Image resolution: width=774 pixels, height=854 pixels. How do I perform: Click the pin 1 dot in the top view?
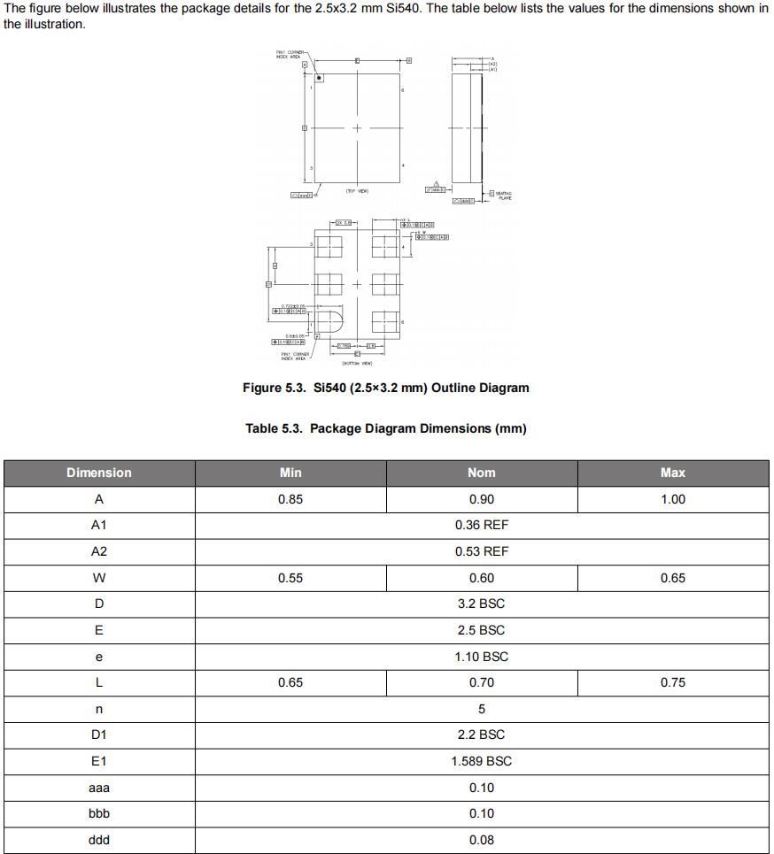point(319,78)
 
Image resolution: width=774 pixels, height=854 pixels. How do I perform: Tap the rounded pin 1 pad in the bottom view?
point(329,320)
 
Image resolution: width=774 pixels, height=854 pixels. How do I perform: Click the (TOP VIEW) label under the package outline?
point(357,190)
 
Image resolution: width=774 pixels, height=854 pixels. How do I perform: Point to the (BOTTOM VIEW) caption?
point(357,363)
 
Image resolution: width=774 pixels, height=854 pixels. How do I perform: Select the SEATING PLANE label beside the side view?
point(503,196)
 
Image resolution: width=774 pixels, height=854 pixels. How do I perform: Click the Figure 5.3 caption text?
point(386,388)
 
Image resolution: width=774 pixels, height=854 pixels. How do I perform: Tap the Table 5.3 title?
point(386,428)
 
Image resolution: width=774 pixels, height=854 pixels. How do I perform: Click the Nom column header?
point(482,473)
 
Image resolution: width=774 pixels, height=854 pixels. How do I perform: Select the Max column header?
point(673,473)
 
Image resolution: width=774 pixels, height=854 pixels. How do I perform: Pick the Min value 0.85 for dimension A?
point(290,499)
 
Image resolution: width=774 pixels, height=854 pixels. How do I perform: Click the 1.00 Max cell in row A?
point(673,499)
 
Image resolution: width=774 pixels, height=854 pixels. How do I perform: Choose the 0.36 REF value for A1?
point(482,525)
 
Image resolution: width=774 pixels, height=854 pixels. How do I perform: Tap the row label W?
point(99,578)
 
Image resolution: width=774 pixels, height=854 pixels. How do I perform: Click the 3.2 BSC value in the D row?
point(482,604)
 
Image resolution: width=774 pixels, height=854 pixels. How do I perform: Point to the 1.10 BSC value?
point(482,657)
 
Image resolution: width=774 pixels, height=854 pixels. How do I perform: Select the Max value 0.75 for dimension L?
point(673,682)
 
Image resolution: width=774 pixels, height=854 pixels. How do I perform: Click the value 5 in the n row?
point(482,709)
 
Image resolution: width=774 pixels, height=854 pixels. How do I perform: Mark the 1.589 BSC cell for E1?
point(482,761)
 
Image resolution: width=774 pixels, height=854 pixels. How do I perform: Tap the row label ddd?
point(99,840)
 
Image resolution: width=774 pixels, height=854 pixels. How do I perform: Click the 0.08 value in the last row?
point(482,840)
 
